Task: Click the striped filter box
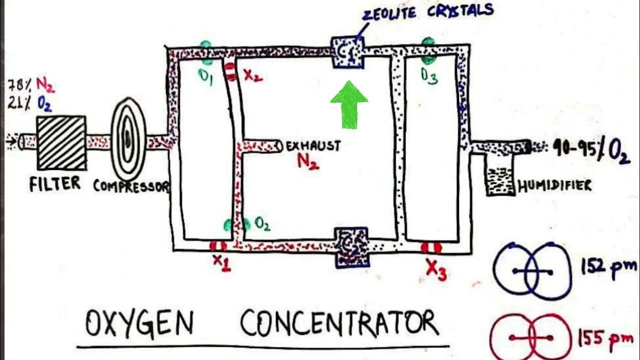pyautogui.click(x=61, y=142)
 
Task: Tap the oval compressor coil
pyautogui.click(x=128, y=138)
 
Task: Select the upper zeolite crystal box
pyautogui.click(x=348, y=52)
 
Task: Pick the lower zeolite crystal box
pyautogui.click(x=351, y=246)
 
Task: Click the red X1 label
pyautogui.click(x=221, y=261)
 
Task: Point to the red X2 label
pyautogui.click(x=252, y=75)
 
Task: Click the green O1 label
pyautogui.click(x=205, y=77)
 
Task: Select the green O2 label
pyautogui.click(x=262, y=224)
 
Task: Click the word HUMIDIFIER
pyautogui.click(x=554, y=186)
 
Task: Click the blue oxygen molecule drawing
pyautogui.click(x=532, y=271)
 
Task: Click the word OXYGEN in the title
pyautogui.click(x=139, y=323)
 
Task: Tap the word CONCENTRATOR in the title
pyautogui.click(x=339, y=323)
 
